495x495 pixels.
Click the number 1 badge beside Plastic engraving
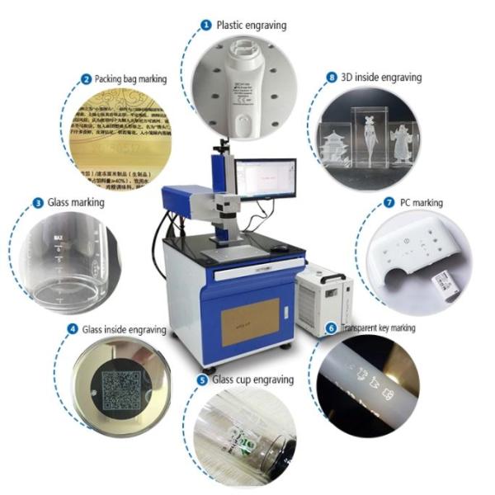205,25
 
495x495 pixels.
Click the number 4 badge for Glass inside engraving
73,329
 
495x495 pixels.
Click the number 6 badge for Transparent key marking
332,328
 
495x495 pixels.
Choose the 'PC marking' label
420,202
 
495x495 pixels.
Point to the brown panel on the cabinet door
252,319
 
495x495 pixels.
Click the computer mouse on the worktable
280,247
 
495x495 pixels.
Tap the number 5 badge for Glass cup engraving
203,379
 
